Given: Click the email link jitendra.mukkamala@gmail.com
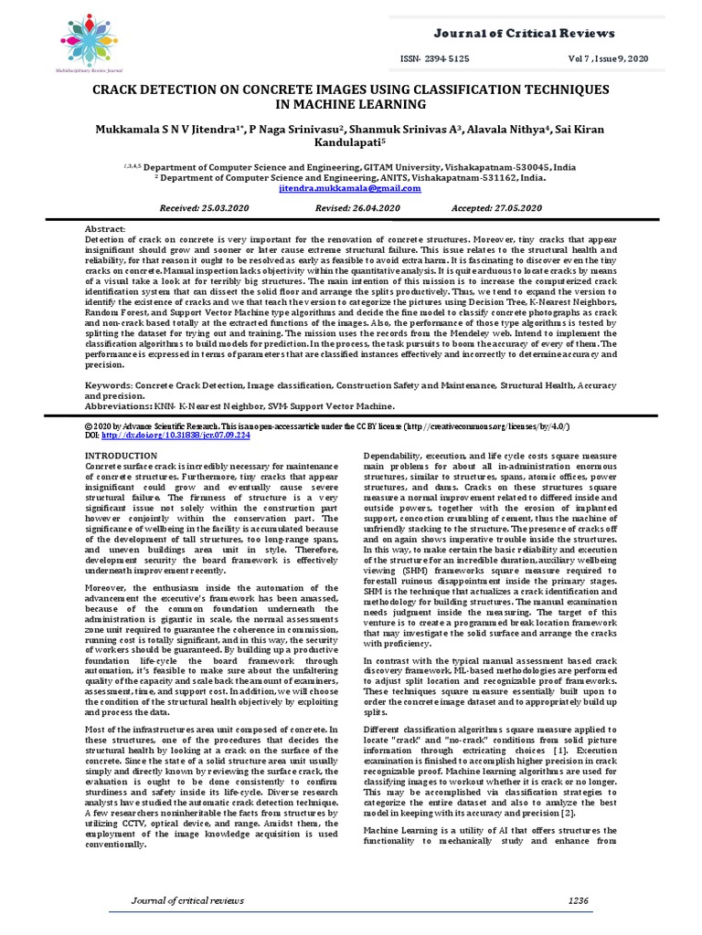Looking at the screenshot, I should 351,188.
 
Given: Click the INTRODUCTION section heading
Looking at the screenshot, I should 121,455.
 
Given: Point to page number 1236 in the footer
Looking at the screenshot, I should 578,900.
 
